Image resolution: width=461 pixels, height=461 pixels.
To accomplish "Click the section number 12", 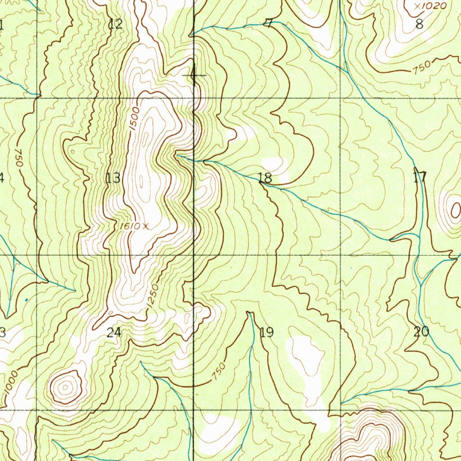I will click(x=116, y=24).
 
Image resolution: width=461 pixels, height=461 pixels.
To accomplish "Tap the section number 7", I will click(x=269, y=24).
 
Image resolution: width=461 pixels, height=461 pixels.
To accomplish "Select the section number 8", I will click(x=419, y=24).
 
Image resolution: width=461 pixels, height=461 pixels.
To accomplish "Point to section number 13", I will click(x=113, y=178).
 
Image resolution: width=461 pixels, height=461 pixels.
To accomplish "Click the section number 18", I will click(x=265, y=178).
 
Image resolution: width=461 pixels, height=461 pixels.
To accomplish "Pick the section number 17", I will click(x=420, y=177).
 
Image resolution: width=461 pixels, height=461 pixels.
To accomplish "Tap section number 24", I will click(x=114, y=333).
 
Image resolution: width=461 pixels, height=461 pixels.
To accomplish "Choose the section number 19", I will click(x=267, y=333).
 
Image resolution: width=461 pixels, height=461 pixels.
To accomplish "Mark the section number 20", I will click(x=421, y=332).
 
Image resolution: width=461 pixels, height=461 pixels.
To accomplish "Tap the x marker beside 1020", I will click(x=417, y=6).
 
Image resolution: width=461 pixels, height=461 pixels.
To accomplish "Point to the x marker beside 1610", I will click(x=145, y=226).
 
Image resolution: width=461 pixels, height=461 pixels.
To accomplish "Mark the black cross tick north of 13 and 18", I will click(x=194, y=75).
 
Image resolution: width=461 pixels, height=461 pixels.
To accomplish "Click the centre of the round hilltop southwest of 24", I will click(x=66, y=386).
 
